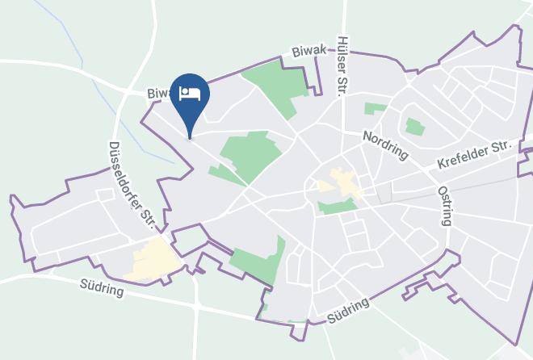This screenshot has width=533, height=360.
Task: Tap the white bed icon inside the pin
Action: point(191,92)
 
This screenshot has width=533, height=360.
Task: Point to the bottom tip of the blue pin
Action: point(191,138)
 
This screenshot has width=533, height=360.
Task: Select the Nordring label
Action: point(385,146)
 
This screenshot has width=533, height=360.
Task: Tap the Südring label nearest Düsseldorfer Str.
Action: point(103,287)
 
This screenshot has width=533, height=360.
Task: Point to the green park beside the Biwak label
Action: point(275,84)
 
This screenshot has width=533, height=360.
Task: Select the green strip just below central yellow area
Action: point(338,207)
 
